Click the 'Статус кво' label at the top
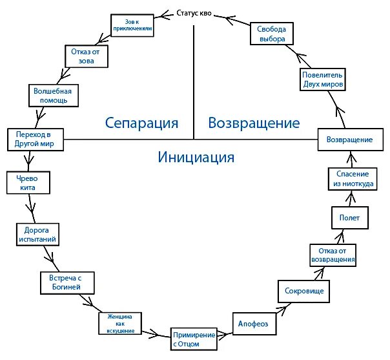click(194, 13)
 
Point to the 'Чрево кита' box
click(25, 182)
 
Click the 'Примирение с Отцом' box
click(194, 339)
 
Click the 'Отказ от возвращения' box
click(333, 254)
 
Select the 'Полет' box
click(349, 217)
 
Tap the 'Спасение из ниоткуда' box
click(351, 178)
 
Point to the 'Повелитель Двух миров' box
click(323, 79)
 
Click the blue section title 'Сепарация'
click(141, 123)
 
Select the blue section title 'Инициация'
click(195, 156)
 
